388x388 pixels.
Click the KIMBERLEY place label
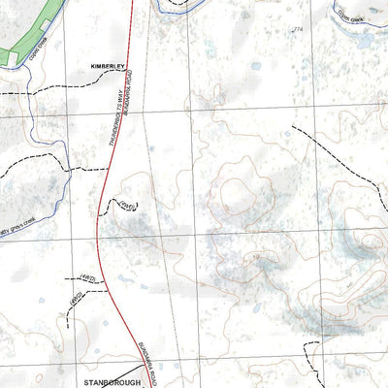102,65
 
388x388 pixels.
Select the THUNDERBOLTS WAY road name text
113,126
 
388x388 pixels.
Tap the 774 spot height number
298,30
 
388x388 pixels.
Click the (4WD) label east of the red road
127,205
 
